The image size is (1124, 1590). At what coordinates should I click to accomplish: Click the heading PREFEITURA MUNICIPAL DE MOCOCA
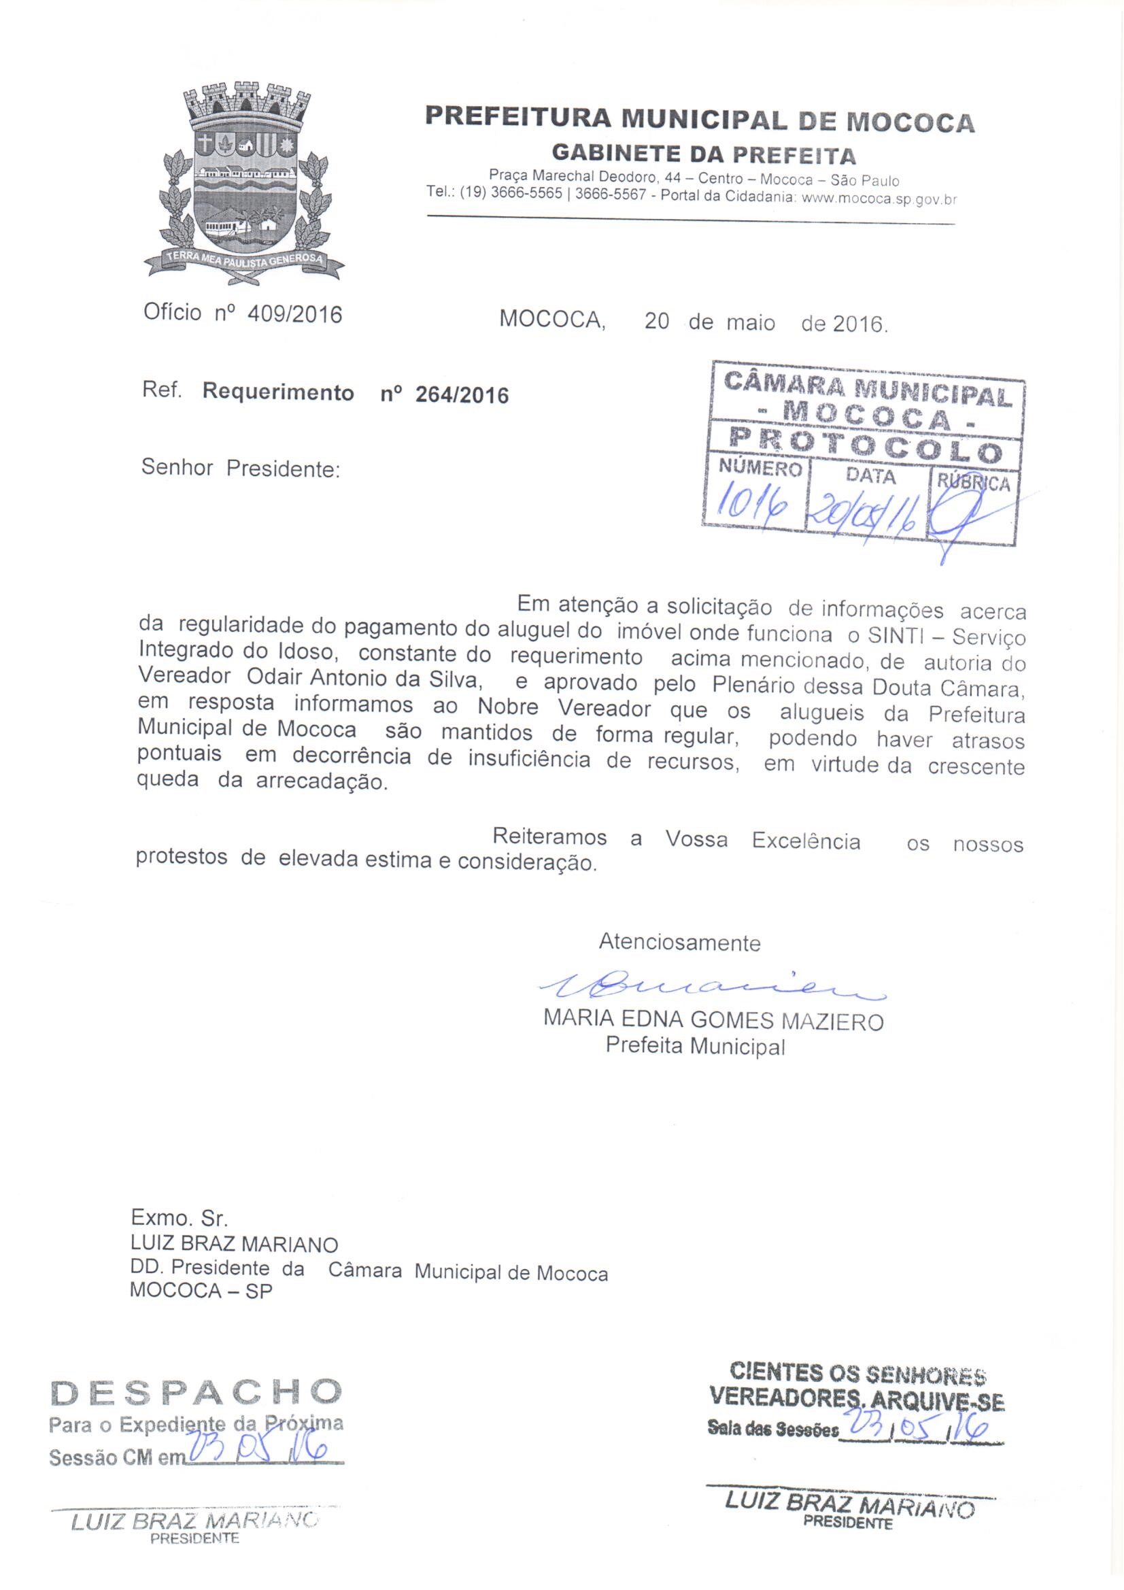pos(700,118)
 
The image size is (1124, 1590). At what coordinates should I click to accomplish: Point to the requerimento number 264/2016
pos(462,394)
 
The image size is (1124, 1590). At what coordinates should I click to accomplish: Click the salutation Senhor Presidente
pos(240,469)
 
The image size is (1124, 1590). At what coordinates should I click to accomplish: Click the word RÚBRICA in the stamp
pos(974,483)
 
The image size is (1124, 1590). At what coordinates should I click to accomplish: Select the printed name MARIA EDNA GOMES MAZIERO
pos(713,1021)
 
